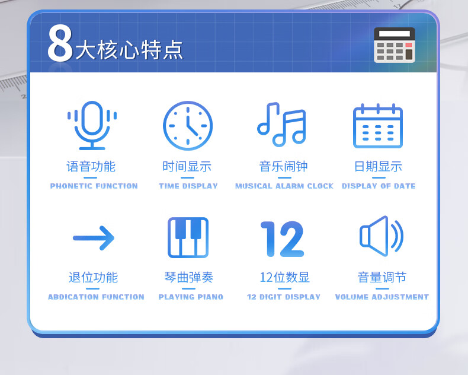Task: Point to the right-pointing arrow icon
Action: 94,238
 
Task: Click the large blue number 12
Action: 282,239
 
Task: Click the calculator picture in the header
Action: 395,45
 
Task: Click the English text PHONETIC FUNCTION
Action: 94,186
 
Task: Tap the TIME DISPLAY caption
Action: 188,186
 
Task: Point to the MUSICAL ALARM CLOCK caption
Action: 284,186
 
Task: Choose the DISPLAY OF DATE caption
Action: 379,186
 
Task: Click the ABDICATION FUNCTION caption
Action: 96,297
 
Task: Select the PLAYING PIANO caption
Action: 191,297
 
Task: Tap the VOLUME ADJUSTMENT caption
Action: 382,297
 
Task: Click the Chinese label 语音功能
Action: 91,167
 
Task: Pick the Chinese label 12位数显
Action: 284,278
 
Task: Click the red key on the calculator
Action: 409,45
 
